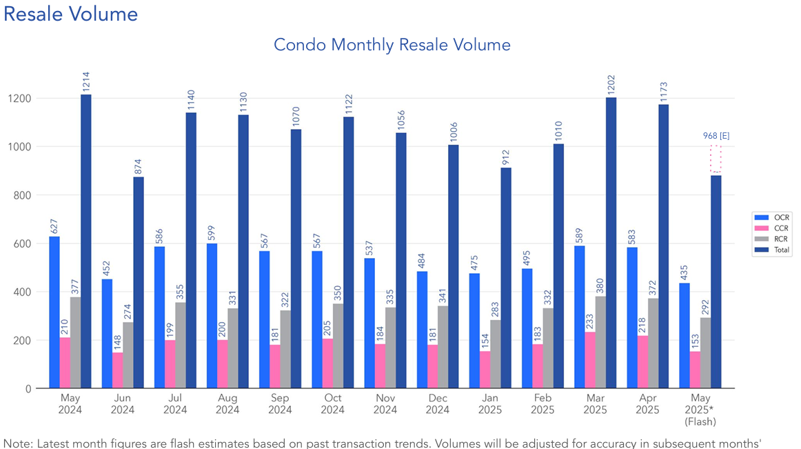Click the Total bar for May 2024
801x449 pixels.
[x=85, y=241]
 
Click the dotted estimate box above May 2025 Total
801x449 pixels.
[x=716, y=159]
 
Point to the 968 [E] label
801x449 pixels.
[x=716, y=136]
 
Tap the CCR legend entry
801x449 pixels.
[x=772, y=228]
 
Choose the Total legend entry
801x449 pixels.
[x=772, y=250]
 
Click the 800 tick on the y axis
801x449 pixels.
[x=23, y=195]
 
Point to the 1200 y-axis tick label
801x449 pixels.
[x=21, y=99]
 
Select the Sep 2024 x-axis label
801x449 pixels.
[x=280, y=404]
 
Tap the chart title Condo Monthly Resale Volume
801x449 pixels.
[x=392, y=45]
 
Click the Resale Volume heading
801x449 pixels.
[x=70, y=14]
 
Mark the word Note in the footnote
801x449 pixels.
[x=16, y=441]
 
